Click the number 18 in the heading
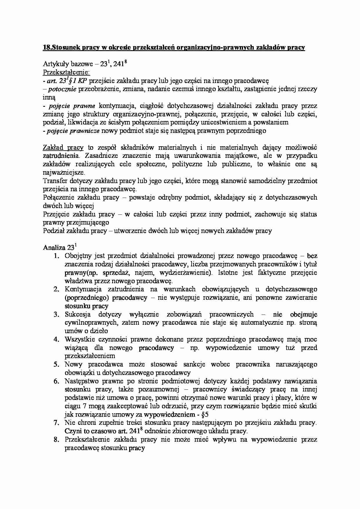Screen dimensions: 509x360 [x=46, y=48]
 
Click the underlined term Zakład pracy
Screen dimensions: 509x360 [x=63, y=147]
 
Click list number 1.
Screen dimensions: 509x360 [x=57, y=256]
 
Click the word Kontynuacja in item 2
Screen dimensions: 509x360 [x=83, y=289]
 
